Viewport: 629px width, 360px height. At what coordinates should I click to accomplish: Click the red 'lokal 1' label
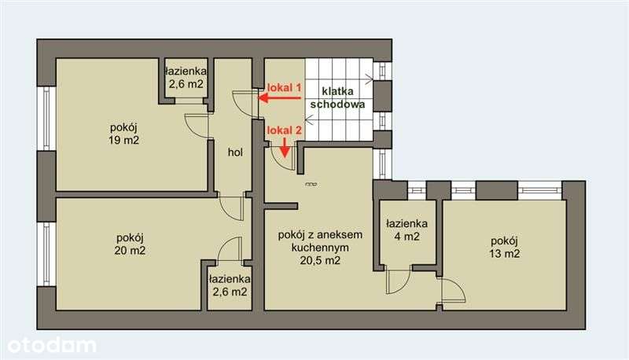(x=285, y=87)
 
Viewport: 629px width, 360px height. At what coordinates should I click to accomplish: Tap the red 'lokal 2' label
(x=285, y=130)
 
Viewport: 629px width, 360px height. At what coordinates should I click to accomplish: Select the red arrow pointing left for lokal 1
(x=280, y=98)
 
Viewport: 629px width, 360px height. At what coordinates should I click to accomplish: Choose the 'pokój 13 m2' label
(x=504, y=247)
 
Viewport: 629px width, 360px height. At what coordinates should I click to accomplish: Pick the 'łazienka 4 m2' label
(x=406, y=230)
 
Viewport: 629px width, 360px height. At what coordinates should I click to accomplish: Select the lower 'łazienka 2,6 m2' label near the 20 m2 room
(x=229, y=285)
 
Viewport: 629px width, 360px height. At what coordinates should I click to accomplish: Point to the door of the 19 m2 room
(x=197, y=126)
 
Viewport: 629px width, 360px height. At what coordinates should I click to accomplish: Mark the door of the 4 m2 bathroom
(x=397, y=281)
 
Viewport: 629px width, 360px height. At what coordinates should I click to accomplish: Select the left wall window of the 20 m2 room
(x=45, y=253)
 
